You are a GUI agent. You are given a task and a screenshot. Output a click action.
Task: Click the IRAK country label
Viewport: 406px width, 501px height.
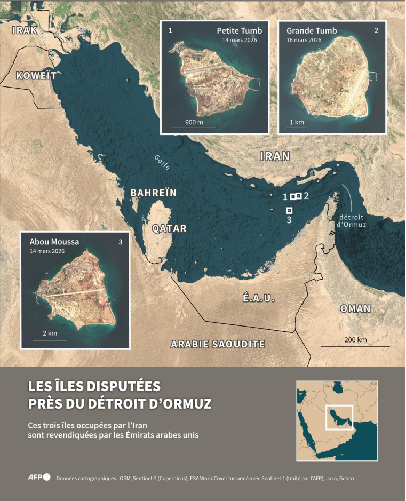25,30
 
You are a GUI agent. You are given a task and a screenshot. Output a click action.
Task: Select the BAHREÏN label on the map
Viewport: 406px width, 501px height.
154,193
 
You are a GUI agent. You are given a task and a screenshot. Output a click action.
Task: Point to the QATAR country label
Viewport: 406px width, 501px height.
169,228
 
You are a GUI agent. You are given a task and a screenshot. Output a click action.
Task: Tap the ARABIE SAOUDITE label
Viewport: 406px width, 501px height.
218,344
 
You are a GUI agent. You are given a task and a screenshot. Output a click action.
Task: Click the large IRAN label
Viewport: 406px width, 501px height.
275,156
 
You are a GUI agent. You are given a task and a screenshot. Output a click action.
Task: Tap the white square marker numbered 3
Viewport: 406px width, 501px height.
289,210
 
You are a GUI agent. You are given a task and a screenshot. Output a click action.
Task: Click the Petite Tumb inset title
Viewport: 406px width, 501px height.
240,31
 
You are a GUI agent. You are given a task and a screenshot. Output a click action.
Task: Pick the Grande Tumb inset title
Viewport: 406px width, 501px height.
312,31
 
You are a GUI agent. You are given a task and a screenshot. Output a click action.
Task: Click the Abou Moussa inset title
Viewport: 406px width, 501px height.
54,242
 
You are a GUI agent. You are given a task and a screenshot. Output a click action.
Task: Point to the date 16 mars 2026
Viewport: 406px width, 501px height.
304,40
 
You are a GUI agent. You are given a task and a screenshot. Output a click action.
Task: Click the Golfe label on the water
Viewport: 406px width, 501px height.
162,162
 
